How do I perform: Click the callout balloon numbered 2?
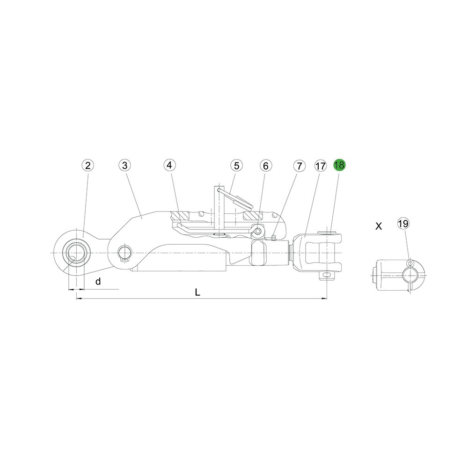(88, 165)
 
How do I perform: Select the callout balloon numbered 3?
(124, 165)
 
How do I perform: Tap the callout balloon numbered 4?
(169, 165)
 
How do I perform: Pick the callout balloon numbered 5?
(236, 165)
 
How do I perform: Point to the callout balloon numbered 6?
(265, 165)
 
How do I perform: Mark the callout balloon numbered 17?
(321, 165)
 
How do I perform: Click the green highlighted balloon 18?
(339, 165)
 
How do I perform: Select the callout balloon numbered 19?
(403, 223)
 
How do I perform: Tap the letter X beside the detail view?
(379, 226)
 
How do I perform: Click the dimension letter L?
(197, 292)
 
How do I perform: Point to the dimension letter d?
(98, 281)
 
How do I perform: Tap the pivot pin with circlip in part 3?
(124, 253)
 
